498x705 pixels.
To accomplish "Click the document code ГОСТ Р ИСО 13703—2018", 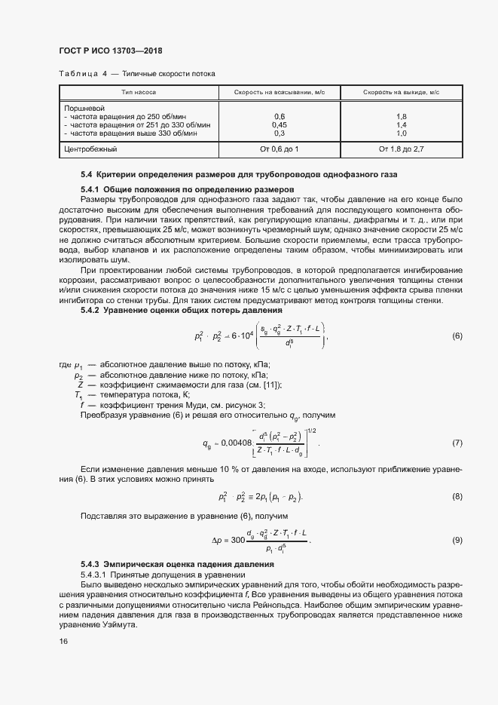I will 111,51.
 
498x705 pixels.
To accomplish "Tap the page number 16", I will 63,641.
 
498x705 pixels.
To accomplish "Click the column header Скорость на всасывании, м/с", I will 279,92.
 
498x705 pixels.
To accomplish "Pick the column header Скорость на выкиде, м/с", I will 401,92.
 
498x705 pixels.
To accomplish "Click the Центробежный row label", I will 87,149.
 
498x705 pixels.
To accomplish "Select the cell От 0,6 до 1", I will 279,149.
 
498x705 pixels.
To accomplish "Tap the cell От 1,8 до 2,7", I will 401,149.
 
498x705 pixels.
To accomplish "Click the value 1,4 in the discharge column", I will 401,124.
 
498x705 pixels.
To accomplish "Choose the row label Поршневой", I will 81,108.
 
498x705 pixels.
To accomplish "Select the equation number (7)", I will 457,443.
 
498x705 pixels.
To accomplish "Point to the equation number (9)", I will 457,541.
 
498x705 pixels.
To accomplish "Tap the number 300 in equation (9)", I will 239,541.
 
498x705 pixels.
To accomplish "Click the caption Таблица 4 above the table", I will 83,74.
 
